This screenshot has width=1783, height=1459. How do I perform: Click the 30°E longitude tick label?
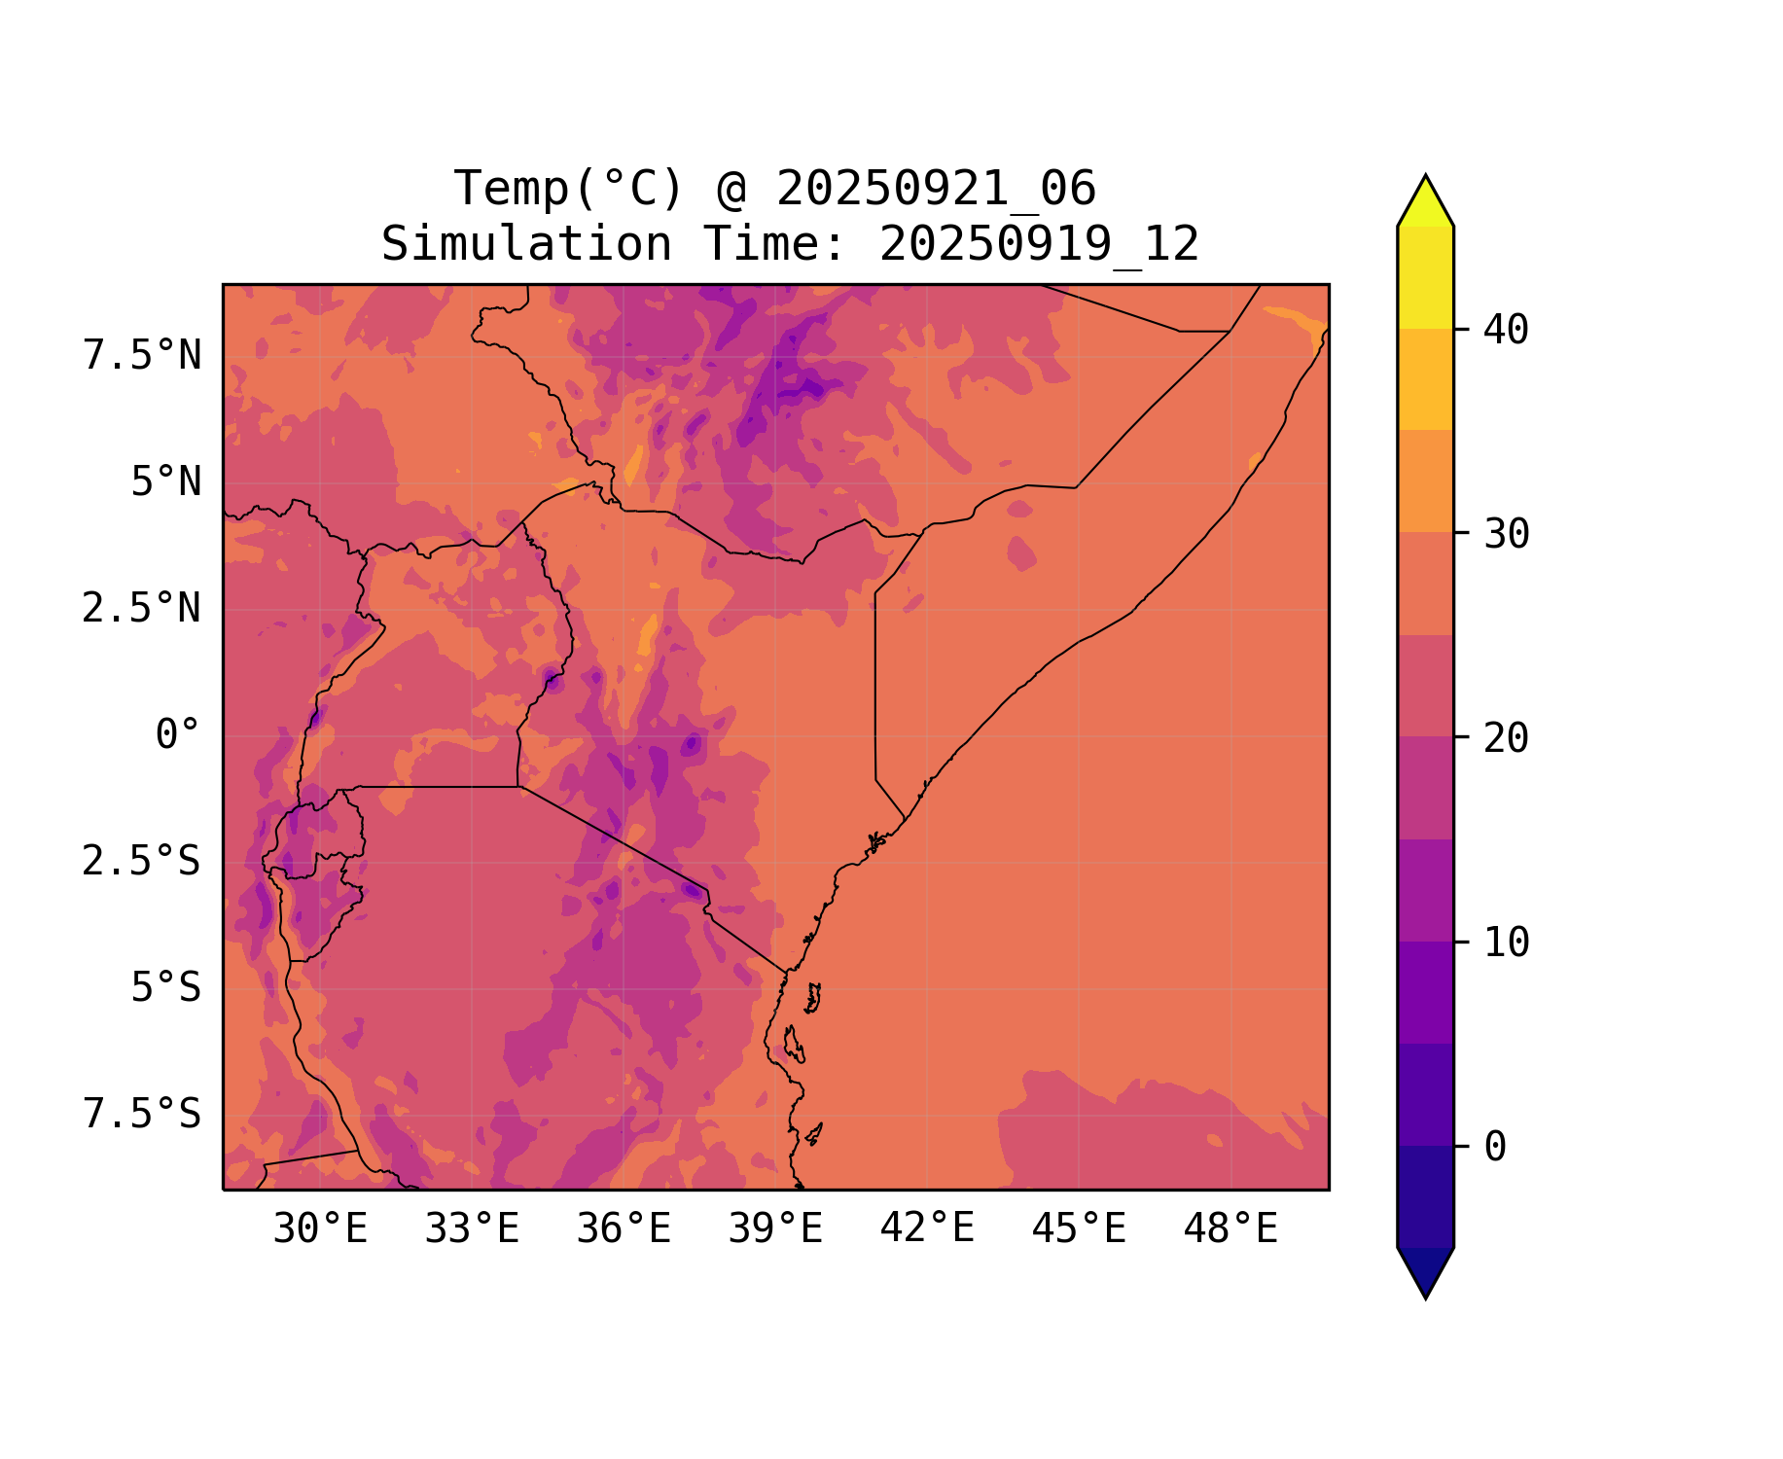[x=320, y=1229]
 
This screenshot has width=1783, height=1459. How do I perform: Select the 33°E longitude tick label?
[x=472, y=1229]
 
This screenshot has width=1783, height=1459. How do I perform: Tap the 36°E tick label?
[x=624, y=1229]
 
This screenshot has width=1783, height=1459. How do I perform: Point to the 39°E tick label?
[x=775, y=1229]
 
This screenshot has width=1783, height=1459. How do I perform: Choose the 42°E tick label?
[x=927, y=1228]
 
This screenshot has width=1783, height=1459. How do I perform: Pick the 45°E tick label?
[x=1079, y=1229]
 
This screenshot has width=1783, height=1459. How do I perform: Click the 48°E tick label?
[x=1230, y=1229]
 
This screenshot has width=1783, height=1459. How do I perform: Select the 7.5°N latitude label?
[x=142, y=356]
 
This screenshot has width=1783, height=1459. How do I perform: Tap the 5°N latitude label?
[x=166, y=482]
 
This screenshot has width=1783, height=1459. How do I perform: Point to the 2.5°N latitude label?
[x=142, y=609]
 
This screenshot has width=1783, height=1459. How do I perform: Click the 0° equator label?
[x=178, y=735]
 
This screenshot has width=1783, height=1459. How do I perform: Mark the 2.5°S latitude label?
[x=142, y=862]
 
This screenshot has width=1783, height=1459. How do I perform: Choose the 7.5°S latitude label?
[x=142, y=1114]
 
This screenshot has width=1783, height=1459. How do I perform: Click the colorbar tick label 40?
[x=1507, y=330]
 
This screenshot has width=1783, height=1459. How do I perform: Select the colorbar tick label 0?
[x=1496, y=1147]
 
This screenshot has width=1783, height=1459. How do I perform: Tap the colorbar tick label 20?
[x=1507, y=738]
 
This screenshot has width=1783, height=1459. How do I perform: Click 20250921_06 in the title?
[x=936, y=189]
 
